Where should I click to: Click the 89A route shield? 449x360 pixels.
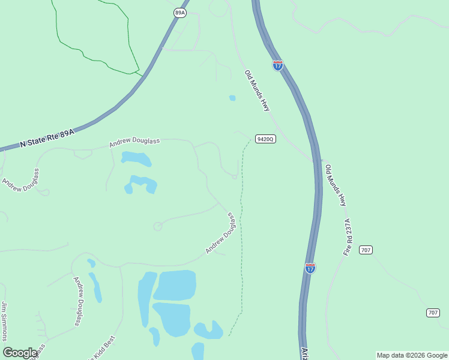point(180,12)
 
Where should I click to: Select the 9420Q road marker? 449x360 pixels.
point(265,139)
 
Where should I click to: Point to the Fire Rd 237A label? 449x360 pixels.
point(347,238)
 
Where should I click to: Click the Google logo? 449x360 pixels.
point(20,353)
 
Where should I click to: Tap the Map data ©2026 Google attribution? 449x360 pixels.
point(412,355)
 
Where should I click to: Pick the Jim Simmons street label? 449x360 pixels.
point(5,320)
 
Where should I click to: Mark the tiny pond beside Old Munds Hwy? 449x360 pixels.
point(232,98)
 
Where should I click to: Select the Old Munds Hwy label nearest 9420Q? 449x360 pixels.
point(258,91)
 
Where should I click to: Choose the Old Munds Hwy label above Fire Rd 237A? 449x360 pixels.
point(336,185)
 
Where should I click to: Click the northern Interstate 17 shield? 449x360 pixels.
point(277,65)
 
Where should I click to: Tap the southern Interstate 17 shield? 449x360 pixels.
point(310,268)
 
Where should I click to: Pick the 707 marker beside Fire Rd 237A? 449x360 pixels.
point(366,249)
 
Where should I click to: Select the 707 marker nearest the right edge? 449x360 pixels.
point(433,313)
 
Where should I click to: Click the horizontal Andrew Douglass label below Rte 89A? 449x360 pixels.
point(134,142)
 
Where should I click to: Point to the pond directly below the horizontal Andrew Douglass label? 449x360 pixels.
point(136,159)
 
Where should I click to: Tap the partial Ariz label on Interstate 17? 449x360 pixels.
point(304,352)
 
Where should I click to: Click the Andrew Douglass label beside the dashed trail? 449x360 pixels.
point(219,233)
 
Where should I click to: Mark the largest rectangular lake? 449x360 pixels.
point(175,285)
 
